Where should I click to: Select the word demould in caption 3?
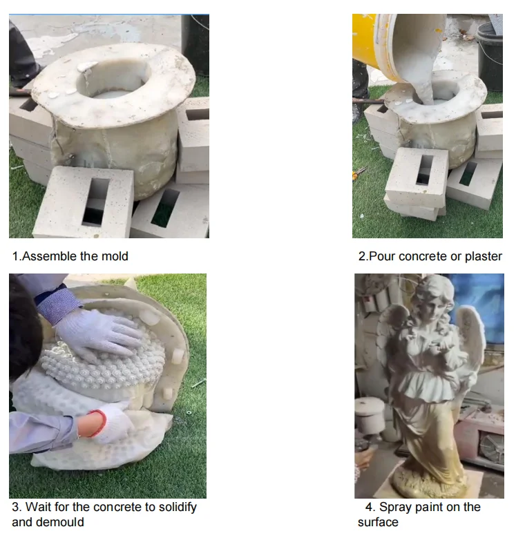(59, 522)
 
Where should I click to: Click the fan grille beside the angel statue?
(491, 449)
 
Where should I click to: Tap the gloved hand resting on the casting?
(97, 335)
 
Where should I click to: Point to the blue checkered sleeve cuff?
(59, 305)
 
